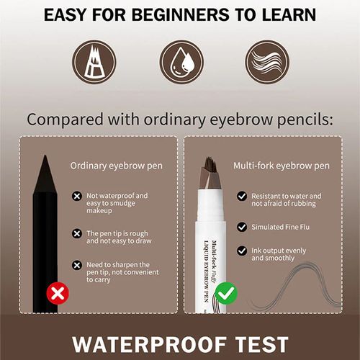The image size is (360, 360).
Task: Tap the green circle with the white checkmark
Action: pyautogui.click(x=225, y=294)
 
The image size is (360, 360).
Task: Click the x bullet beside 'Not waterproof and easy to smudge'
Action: pyautogui.click(x=77, y=196)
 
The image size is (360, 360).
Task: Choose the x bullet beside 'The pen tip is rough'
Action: pyautogui.click(x=77, y=233)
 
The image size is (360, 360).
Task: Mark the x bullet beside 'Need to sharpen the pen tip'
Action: pyautogui.click(x=77, y=264)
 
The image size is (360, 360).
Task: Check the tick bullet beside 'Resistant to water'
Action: pyautogui.click(x=242, y=196)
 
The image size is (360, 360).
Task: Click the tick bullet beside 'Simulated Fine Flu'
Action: pyautogui.click(x=242, y=226)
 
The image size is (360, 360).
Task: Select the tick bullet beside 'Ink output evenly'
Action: pyautogui.click(x=242, y=253)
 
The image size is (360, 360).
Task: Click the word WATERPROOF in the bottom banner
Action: pyautogui.click(x=144, y=343)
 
